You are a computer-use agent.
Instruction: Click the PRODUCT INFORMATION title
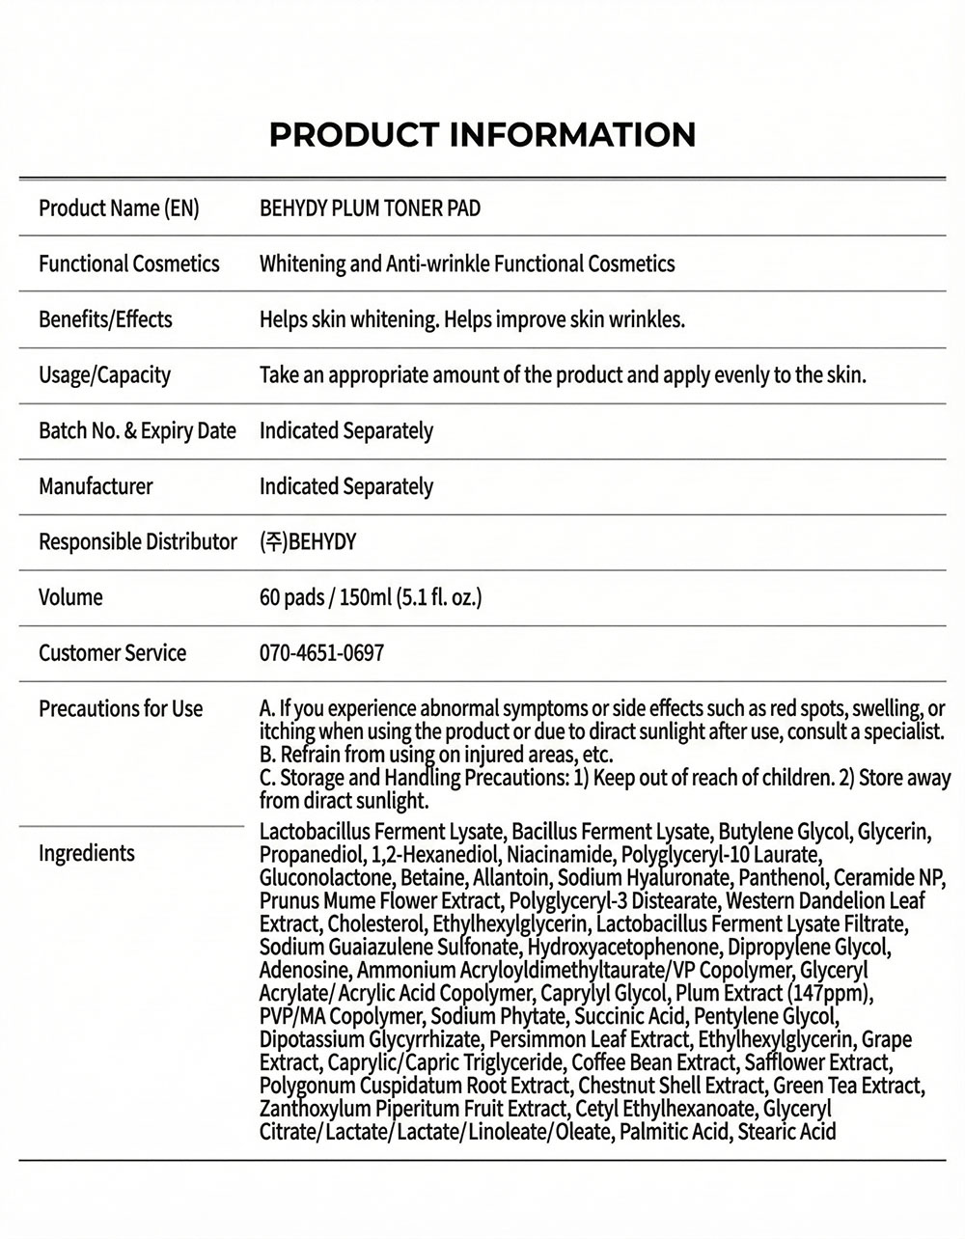tap(482, 134)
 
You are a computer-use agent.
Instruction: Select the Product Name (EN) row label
tap(119, 208)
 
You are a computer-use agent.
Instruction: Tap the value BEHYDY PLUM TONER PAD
tap(370, 208)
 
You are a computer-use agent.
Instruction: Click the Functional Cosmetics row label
tap(129, 264)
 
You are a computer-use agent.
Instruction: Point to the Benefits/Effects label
tap(105, 319)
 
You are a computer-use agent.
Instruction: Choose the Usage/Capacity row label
tap(104, 375)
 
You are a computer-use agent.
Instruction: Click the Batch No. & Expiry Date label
tap(137, 430)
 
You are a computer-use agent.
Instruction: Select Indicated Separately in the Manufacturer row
tap(345, 486)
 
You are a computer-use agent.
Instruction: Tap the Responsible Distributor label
tap(137, 542)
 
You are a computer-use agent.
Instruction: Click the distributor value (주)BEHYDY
tap(308, 542)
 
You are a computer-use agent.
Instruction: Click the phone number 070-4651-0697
tap(321, 653)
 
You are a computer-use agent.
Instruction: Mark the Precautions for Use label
tap(121, 709)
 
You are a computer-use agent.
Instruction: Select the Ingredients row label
tap(87, 853)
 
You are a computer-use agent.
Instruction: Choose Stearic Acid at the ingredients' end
tap(786, 1132)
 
